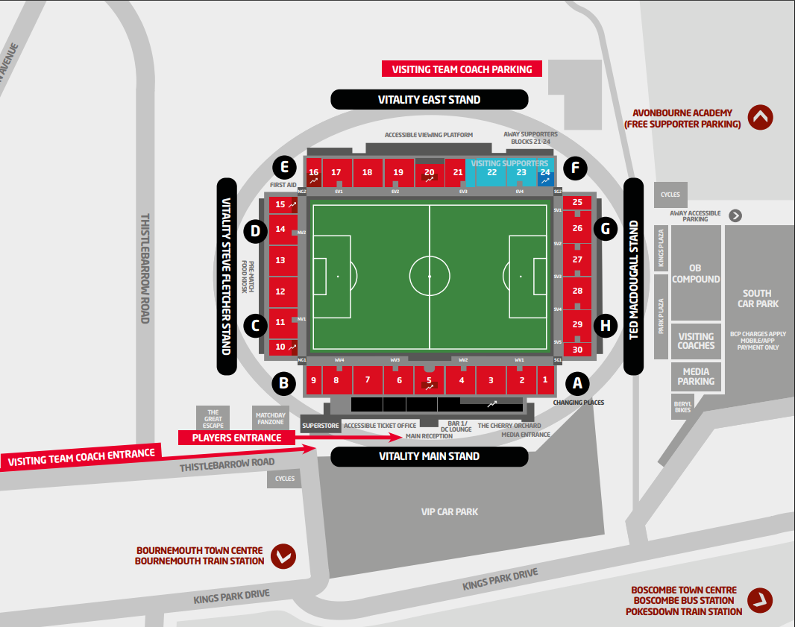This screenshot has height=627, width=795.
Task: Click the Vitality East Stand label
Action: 429,99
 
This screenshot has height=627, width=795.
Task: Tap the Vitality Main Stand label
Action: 429,456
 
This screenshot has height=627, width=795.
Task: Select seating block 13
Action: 280,260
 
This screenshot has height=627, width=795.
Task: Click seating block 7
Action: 367,380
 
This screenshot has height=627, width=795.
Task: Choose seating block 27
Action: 577,259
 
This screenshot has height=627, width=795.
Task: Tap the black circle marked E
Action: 283,167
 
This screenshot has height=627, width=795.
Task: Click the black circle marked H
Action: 606,325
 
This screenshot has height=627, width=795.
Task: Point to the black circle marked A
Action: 576,383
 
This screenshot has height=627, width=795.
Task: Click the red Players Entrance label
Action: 236,438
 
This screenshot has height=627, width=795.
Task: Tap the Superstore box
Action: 320,426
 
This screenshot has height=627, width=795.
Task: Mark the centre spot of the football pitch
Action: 430,277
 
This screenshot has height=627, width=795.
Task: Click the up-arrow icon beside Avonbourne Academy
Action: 761,117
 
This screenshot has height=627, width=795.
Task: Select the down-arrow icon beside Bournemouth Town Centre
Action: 283,555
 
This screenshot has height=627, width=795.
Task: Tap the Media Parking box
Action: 696,376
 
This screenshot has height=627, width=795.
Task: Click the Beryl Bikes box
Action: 682,406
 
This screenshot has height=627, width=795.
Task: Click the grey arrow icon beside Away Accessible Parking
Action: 735,215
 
